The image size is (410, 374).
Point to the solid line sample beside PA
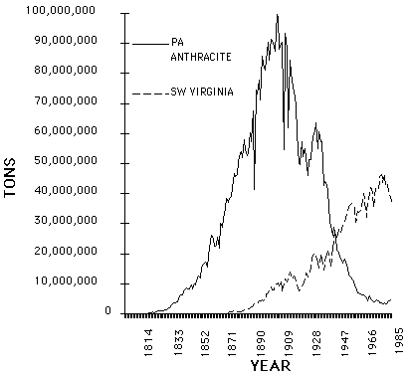coord(149,44)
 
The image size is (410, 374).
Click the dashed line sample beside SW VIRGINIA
coord(149,93)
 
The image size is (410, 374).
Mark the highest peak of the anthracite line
coord(278,15)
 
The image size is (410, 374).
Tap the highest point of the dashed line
coord(382,174)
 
